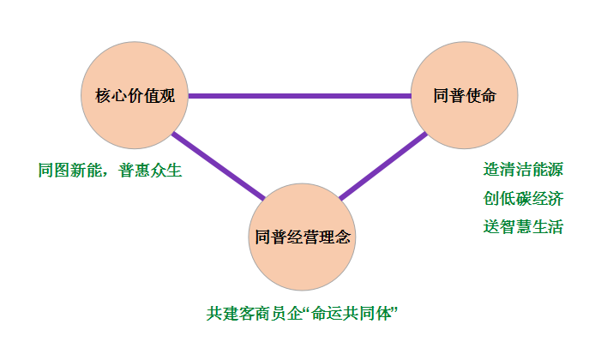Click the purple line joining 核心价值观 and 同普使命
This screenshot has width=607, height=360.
pyautogui.click(x=300, y=95)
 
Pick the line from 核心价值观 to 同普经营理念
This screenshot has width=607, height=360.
pyautogui.click(x=217, y=165)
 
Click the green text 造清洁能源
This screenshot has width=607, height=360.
pyautogui.click(x=523, y=170)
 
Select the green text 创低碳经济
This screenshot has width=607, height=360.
pyautogui.click(x=523, y=199)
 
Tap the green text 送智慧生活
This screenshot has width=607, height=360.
pyautogui.click(x=523, y=227)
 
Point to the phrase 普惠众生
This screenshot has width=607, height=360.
pyautogui.click(x=154, y=170)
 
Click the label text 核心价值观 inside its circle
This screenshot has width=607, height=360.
pyautogui.click(x=135, y=95)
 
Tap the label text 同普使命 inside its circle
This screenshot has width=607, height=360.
pyautogui.click(x=466, y=95)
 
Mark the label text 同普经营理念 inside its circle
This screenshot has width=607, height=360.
pyautogui.click(x=303, y=237)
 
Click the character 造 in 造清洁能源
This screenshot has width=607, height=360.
pyautogui.click(x=490, y=170)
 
